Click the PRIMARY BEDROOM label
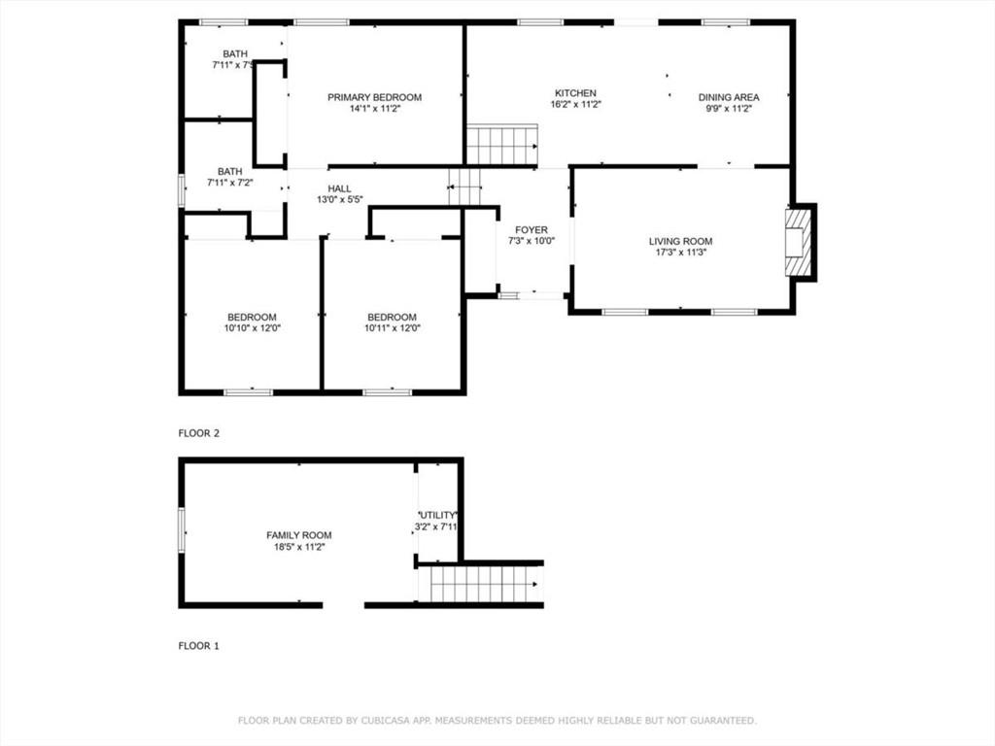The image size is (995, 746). click(x=374, y=97)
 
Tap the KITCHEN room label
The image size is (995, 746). click(x=575, y=93)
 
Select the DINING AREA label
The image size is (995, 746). click(x=729, y=97)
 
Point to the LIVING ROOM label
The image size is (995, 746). click(x=680, y=241)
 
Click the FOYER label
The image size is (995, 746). click(x=532, y=229)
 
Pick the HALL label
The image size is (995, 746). click(x=339, y=188)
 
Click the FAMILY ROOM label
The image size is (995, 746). click(x=299, y=535)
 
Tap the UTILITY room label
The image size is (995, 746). click(x=436, y=515)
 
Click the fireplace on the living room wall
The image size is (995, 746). click(x=799, y=242)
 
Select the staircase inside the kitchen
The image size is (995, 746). click(x=502, y=146)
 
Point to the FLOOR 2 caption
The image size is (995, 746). click(x=198, y=433)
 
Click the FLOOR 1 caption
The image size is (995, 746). click(x=198, y=646)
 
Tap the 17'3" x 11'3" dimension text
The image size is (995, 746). click(x=680, y=252)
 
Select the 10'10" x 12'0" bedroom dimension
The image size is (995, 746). click(x=252, y=328)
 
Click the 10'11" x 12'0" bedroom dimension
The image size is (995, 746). click(x=393, y=328)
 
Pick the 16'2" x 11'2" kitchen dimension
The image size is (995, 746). click(x=575, y=104)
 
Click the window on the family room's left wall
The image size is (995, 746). click(x=182, y=530)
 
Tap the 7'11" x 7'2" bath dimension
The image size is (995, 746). click(x=229, y=182)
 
